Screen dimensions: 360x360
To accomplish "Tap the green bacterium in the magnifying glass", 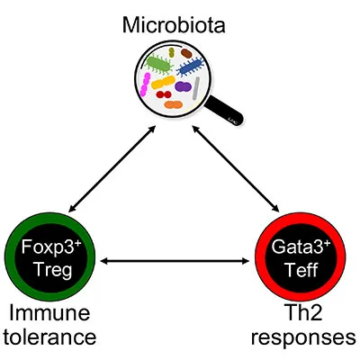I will coord(157,66).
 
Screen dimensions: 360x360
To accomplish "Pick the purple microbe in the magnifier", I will coord(182,87).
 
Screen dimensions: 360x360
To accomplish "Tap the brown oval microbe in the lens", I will coord(185,52).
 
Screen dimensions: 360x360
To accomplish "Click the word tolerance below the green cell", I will coord(54,340).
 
